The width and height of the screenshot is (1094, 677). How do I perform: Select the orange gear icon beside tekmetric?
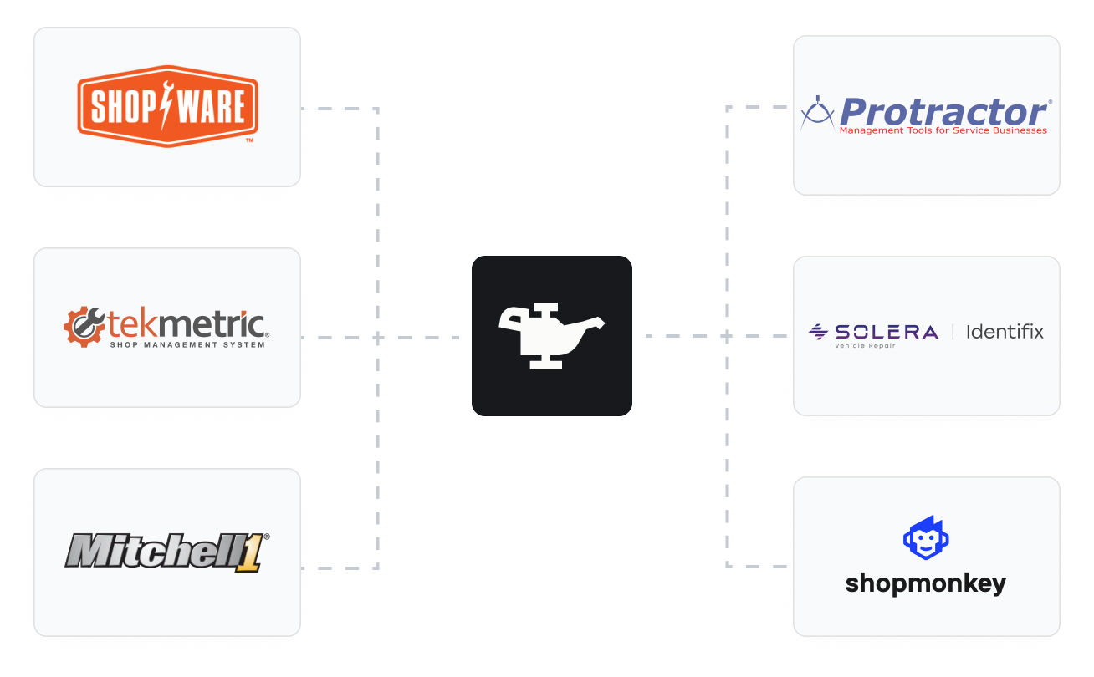[x=83, y=327]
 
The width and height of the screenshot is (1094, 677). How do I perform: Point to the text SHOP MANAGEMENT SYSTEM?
[x=187, y=344]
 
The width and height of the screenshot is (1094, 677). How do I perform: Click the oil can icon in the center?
[x=552, y=335]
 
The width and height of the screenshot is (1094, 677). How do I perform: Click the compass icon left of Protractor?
[x=817, y=114]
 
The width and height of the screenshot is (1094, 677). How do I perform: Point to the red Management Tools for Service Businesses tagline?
[x=943, y=130]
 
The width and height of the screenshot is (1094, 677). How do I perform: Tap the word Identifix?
[x=1005, y=332]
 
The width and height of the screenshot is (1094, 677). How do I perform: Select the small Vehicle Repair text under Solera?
[x=865, y=346]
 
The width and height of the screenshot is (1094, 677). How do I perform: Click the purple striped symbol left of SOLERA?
[x=817, y=332]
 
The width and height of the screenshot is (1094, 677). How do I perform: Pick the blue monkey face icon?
[x=926, y=538]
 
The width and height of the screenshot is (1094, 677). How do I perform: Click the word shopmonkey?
[x=926, y=583]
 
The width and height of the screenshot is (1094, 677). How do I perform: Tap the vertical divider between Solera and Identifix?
[x=953, y=332]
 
